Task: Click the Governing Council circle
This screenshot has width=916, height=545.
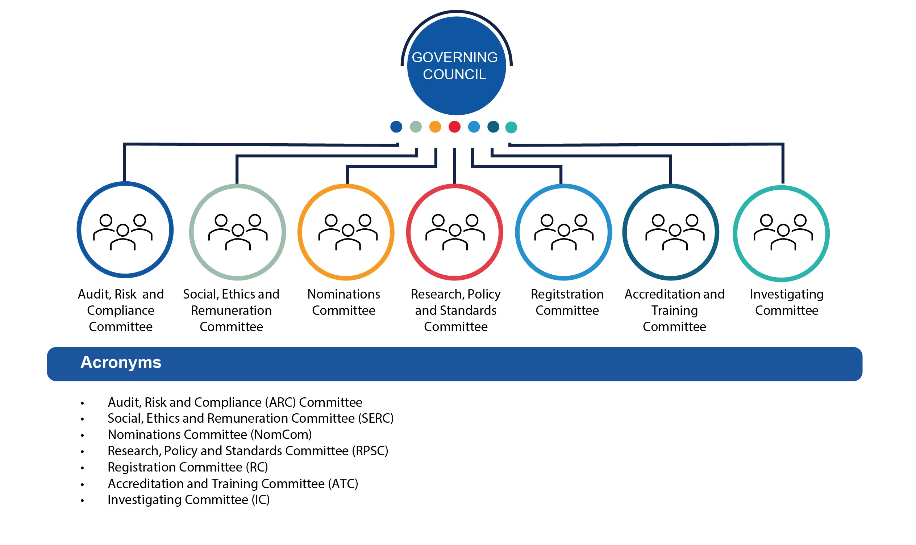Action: coord(456,66)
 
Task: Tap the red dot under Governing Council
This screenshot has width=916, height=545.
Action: coord(454,127)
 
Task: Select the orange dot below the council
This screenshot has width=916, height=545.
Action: coord(435,127)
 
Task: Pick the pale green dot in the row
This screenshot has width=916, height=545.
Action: coord(416,127)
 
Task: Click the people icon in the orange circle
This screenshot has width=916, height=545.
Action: coord(348,232)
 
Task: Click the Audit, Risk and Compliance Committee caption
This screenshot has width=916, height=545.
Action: coord(121,310)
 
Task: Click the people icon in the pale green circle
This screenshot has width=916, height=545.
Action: coord(238,232)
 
